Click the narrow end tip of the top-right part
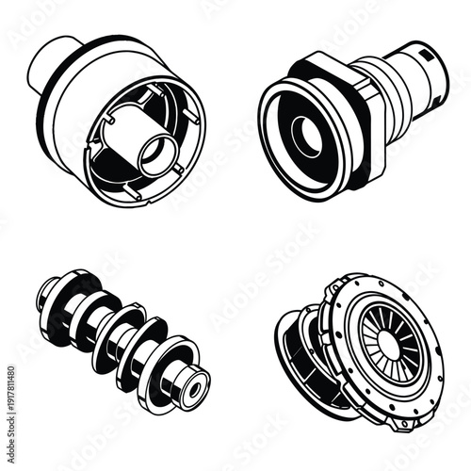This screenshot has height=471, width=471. coord(435,66)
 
